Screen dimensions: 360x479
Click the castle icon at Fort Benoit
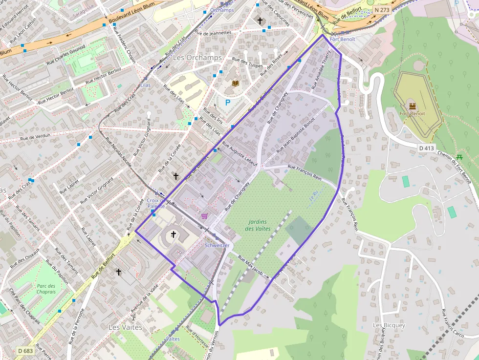tap(412, 106)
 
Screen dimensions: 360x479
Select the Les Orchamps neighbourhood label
tap(197, 57)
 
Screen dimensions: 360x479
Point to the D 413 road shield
tap(427, 148)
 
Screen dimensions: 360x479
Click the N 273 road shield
tap(383, 10)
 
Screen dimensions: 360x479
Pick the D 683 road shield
tap(25, 351)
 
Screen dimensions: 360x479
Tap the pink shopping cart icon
tap(204, 215)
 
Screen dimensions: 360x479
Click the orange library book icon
tap(235, 84)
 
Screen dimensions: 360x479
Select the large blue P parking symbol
tap(227, 103)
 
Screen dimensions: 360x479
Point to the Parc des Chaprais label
tap(46, 289)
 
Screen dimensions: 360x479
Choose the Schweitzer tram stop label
tap(217, 245)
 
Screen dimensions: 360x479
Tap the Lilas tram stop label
tap(145, 85)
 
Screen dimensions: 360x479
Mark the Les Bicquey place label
tap(389, 325)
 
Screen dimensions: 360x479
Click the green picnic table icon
tap(459, 157)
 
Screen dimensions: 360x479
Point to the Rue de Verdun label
tap(35, 138)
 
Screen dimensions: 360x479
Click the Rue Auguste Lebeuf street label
tap(239, 154)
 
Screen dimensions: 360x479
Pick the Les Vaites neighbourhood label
tap(125, 327)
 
